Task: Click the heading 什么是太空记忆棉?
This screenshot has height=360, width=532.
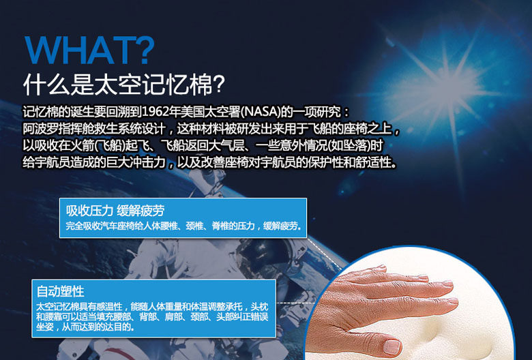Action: tap(124, 84)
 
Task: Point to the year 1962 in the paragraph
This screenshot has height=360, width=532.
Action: tap(155, 111)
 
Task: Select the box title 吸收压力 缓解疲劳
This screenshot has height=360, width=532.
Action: tap(115, 211)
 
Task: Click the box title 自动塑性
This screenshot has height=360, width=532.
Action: tap(61, 291)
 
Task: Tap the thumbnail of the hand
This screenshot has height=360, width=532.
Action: tap(409, 303)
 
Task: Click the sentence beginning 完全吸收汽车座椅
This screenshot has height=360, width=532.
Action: tap(183, 226)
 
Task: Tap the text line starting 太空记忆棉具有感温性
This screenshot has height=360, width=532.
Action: tap(152, 307)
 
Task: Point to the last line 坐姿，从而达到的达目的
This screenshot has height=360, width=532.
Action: tap(85, 327)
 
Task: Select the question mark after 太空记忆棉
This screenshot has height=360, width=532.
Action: tap(219, 84)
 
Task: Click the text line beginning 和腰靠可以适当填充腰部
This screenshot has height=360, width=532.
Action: tap(152, 317)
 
